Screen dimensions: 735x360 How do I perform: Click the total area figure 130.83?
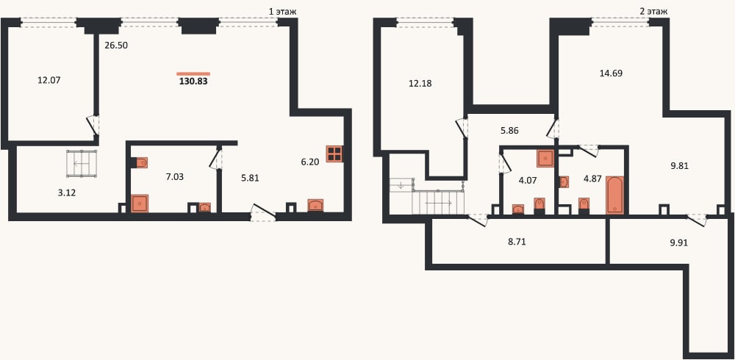tap(193, 81)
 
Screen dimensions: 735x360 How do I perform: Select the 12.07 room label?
tap(49, 80)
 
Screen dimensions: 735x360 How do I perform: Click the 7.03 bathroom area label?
tap(174, 177)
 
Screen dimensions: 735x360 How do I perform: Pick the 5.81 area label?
tap(249, 178)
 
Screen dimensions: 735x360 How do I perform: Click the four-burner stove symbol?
tap(334, 154)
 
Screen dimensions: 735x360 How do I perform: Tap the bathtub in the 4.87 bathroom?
tap(615, 195)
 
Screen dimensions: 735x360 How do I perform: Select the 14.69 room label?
tap(612, 73)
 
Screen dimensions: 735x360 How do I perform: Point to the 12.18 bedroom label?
tap(420, 84)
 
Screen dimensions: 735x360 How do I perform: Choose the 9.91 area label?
tap(680, 243)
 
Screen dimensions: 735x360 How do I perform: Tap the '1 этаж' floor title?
tap(283, 11)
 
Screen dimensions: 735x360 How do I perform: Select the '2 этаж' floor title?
tap(654, 11)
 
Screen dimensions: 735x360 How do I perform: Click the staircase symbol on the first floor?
tap(82, 164)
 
